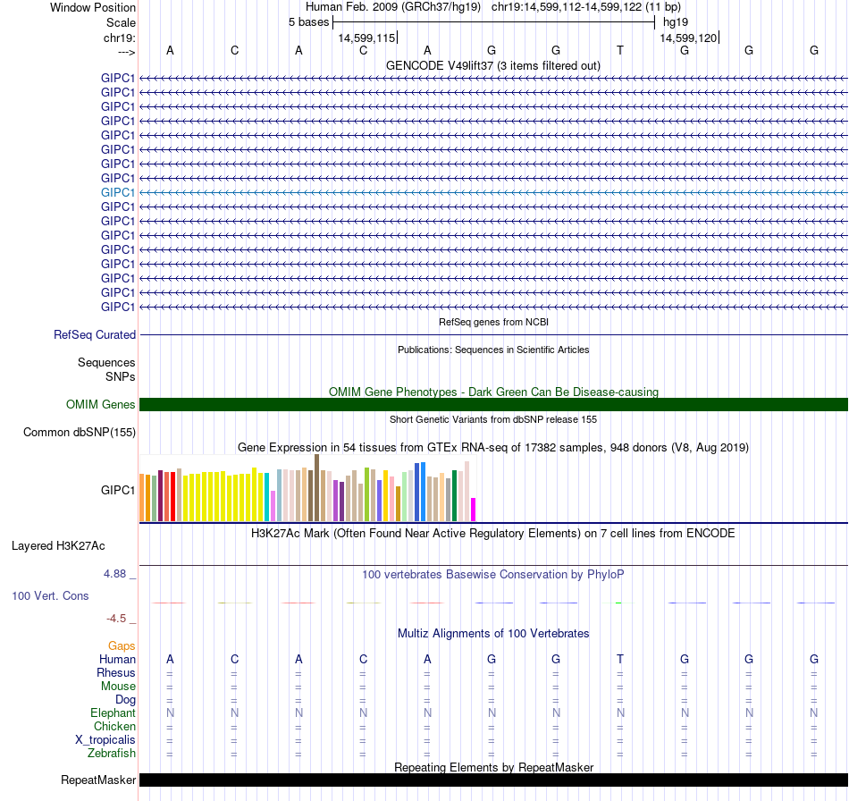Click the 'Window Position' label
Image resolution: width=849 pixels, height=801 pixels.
click(x=93, y=7)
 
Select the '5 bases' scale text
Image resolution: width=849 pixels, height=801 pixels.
click(x=308, y=21)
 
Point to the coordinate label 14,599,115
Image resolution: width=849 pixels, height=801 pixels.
click(x=366, y=38)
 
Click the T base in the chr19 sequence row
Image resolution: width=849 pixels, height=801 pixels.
click(x=620, y=50)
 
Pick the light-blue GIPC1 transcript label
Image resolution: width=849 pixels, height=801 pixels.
click(x=118, y=192)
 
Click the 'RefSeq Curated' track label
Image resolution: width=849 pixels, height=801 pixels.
click(x=95, y=335)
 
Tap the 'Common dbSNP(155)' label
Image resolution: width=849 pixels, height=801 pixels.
click(x=80, y=433)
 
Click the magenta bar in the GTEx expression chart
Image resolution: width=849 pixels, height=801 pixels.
click(x=474, y=510)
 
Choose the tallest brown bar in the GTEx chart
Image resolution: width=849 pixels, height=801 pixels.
click(x=316, y=487)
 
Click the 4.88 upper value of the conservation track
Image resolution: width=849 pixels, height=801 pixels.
click(x=117, y=574)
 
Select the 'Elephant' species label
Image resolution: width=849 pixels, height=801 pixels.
click(x=113, y=712)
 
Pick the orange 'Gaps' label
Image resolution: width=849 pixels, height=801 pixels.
click(x=122, y=645)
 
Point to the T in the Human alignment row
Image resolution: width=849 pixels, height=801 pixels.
click(x=620, y=659)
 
